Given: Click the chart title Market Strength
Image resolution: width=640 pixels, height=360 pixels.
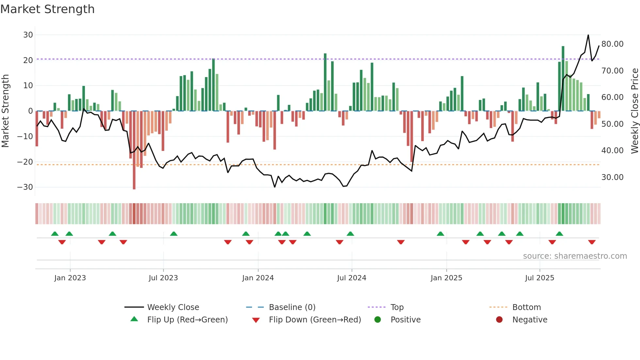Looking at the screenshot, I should point(47,9).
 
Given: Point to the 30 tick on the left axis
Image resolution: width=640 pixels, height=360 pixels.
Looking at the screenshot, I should point(28,35).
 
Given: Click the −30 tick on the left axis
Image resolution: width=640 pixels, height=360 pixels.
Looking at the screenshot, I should point(25,187).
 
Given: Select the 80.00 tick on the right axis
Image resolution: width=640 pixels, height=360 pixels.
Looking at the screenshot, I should point(612,44).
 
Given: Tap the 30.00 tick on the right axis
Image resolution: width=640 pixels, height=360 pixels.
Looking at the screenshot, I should point(612,177).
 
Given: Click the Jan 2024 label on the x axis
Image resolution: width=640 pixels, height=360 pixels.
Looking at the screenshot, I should point(258,278).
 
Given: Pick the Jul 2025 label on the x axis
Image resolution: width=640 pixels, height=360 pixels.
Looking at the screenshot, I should point(539,278).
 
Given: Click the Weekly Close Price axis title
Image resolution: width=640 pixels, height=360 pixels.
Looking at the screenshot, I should point(634,111).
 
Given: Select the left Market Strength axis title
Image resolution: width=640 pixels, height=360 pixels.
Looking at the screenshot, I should point(5,111).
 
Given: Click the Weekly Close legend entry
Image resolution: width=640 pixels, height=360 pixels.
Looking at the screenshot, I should point(173,307).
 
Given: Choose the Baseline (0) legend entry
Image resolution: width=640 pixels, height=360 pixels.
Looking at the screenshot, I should point(292,307).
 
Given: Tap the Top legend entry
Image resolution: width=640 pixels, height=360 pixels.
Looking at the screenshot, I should point(397,307).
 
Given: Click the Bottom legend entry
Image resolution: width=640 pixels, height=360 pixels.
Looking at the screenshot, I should point(526,307).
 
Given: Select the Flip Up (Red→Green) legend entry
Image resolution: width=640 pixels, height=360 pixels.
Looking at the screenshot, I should point(187,320).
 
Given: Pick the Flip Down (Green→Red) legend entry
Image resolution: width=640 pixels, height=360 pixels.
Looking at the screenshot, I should point(315,320).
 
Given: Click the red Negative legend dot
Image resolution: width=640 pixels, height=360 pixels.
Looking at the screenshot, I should point(499,320).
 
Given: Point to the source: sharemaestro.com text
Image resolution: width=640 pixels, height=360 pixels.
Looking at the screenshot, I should point(575,256).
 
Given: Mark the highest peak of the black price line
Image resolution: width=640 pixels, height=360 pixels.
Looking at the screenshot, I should point(588,35).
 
